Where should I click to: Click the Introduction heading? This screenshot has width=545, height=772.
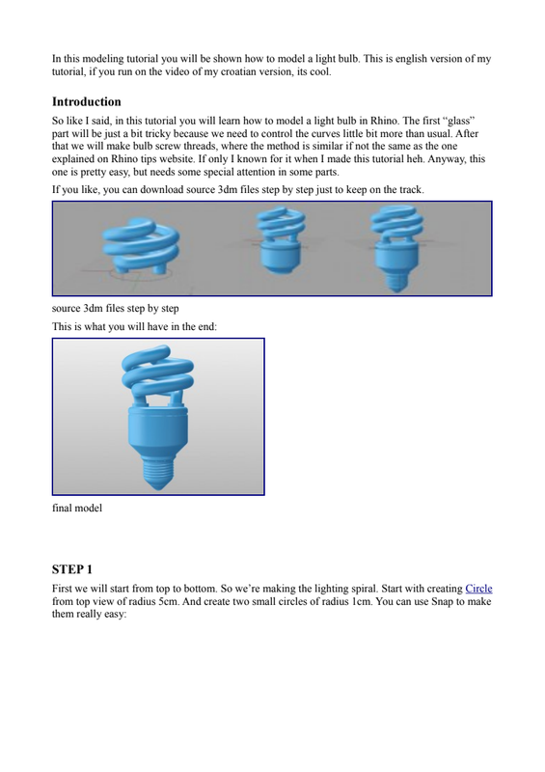coord(87,102)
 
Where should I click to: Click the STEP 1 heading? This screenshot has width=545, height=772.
coord(72,569)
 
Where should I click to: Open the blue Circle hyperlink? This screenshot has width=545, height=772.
coord(478,589)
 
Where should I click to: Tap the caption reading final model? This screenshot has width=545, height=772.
coord(77,508)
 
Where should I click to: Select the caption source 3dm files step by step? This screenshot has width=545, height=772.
coord(115,308)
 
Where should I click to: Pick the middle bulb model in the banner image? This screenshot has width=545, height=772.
coord(280,239)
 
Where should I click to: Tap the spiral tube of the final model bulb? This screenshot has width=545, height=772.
coord(157,374)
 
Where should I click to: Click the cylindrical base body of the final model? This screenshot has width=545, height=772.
coord(157,427)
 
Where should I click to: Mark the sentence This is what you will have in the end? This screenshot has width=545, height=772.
coord(134,326)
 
